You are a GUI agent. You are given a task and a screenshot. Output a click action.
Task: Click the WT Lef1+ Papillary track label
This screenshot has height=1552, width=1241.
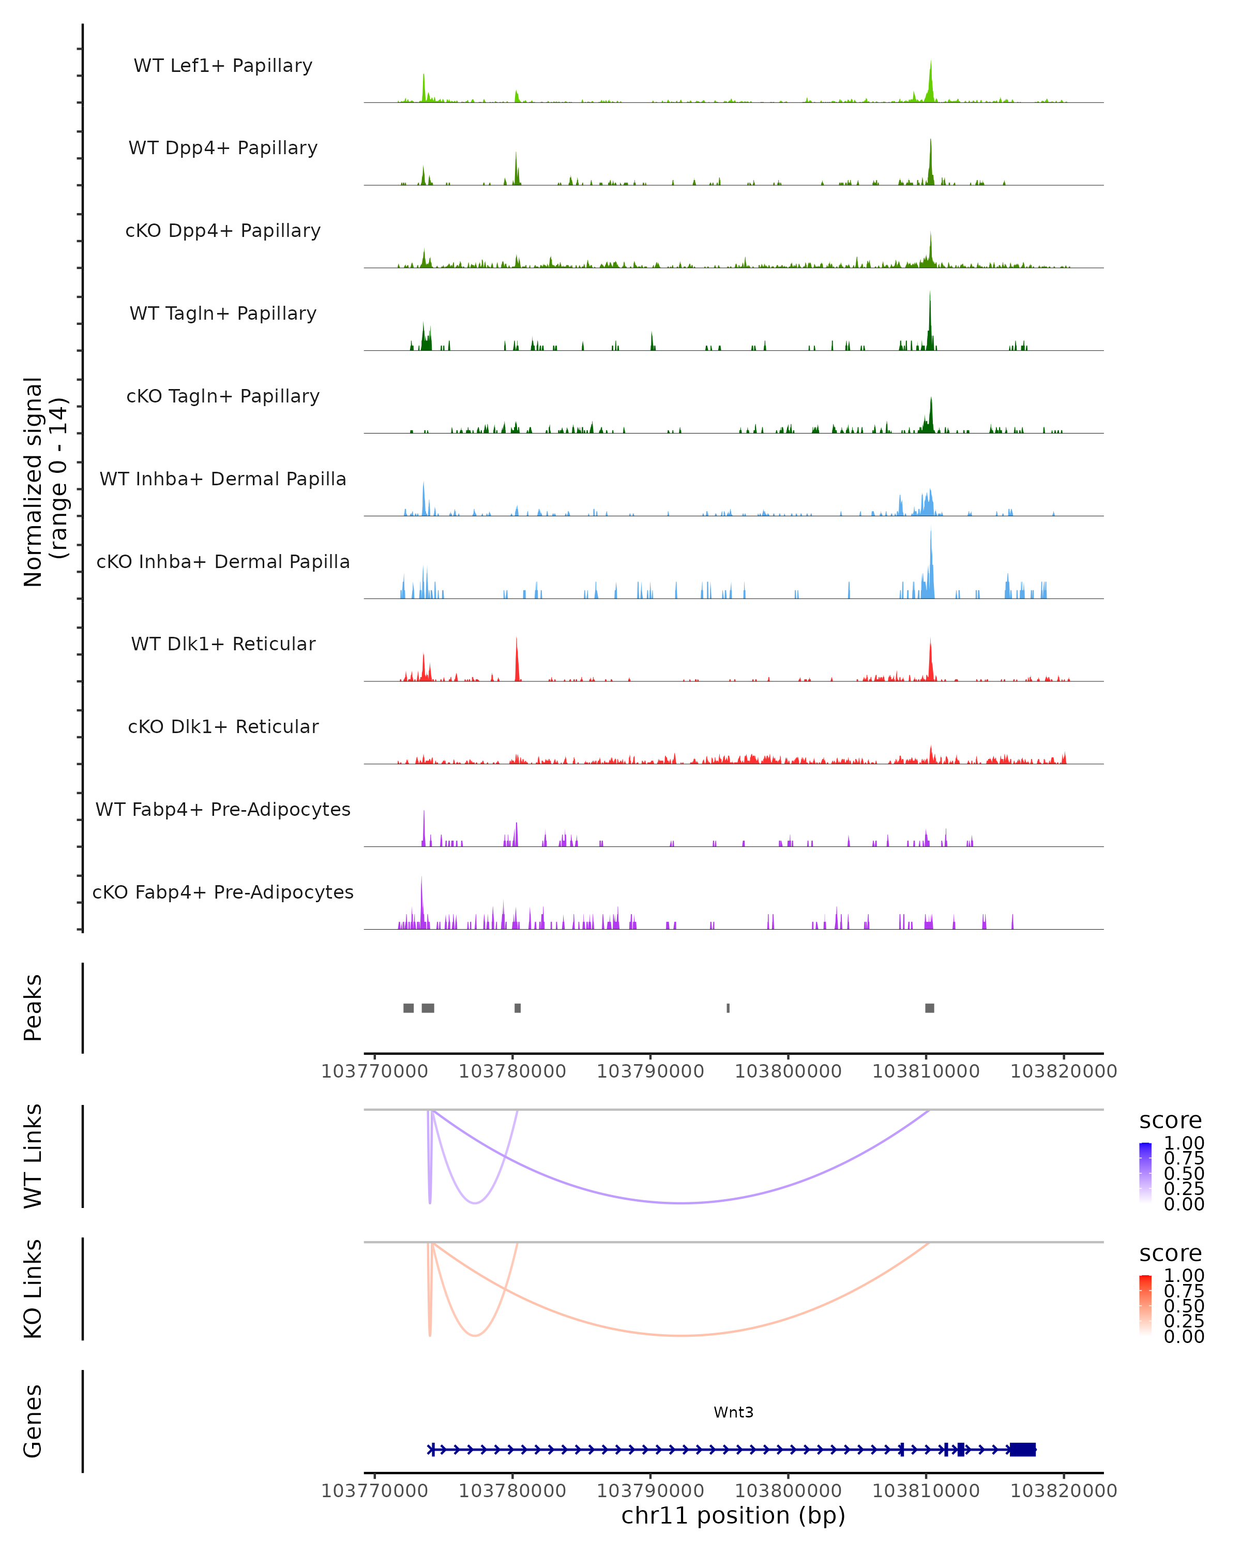(x=223, y=66)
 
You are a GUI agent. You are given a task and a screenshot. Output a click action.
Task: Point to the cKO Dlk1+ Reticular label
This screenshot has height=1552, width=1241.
(x=223, y=726)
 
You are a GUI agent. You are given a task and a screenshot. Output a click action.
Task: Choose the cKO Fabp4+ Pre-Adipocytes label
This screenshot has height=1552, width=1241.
(x=223, y=892)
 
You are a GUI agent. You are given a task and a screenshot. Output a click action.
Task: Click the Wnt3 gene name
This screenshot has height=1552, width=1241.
(x=733, y=1412)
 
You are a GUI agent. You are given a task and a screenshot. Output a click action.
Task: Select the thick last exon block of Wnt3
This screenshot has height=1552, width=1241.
(x=1022, y=1450)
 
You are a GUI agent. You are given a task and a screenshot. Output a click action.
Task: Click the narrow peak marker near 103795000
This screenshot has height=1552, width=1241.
(x=728, y=1008)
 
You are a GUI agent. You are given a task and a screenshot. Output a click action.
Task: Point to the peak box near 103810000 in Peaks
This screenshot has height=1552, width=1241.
(x=930, y=1008)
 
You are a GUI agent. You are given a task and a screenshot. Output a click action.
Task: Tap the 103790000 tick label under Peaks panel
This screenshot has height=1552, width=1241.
(x=650, y=1071)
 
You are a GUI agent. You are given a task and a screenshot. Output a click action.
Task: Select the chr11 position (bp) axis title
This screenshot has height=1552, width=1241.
(x=733, y=1515)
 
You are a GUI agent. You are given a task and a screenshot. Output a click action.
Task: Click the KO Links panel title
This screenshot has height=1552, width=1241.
(x=33, y=1289)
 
